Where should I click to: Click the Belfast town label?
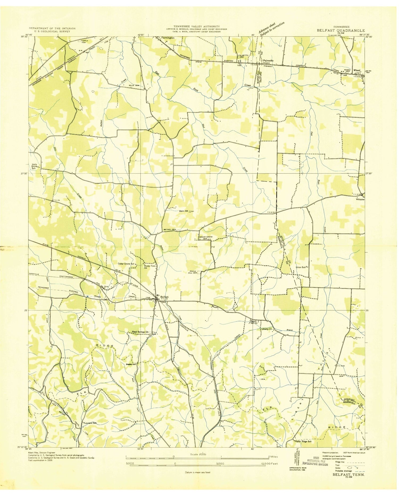[x=164, y=297]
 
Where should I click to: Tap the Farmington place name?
[x=168, y=38]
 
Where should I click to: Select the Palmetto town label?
[x=268, y=61]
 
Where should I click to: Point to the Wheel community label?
[x=356, y=70]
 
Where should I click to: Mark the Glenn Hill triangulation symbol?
[x=190, y=212]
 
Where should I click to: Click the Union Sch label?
[x=301, y=267]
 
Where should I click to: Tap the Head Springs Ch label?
[x=140, y=332]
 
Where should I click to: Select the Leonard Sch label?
[x=90, y=423]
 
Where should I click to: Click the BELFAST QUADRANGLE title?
[x=340, y=31]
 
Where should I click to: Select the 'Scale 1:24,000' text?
[x=198, y=455]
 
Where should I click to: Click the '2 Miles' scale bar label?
[x=273, y=457]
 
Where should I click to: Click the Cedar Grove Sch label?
[x=126, y=264]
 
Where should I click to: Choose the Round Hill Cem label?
[x=193, y=272]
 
